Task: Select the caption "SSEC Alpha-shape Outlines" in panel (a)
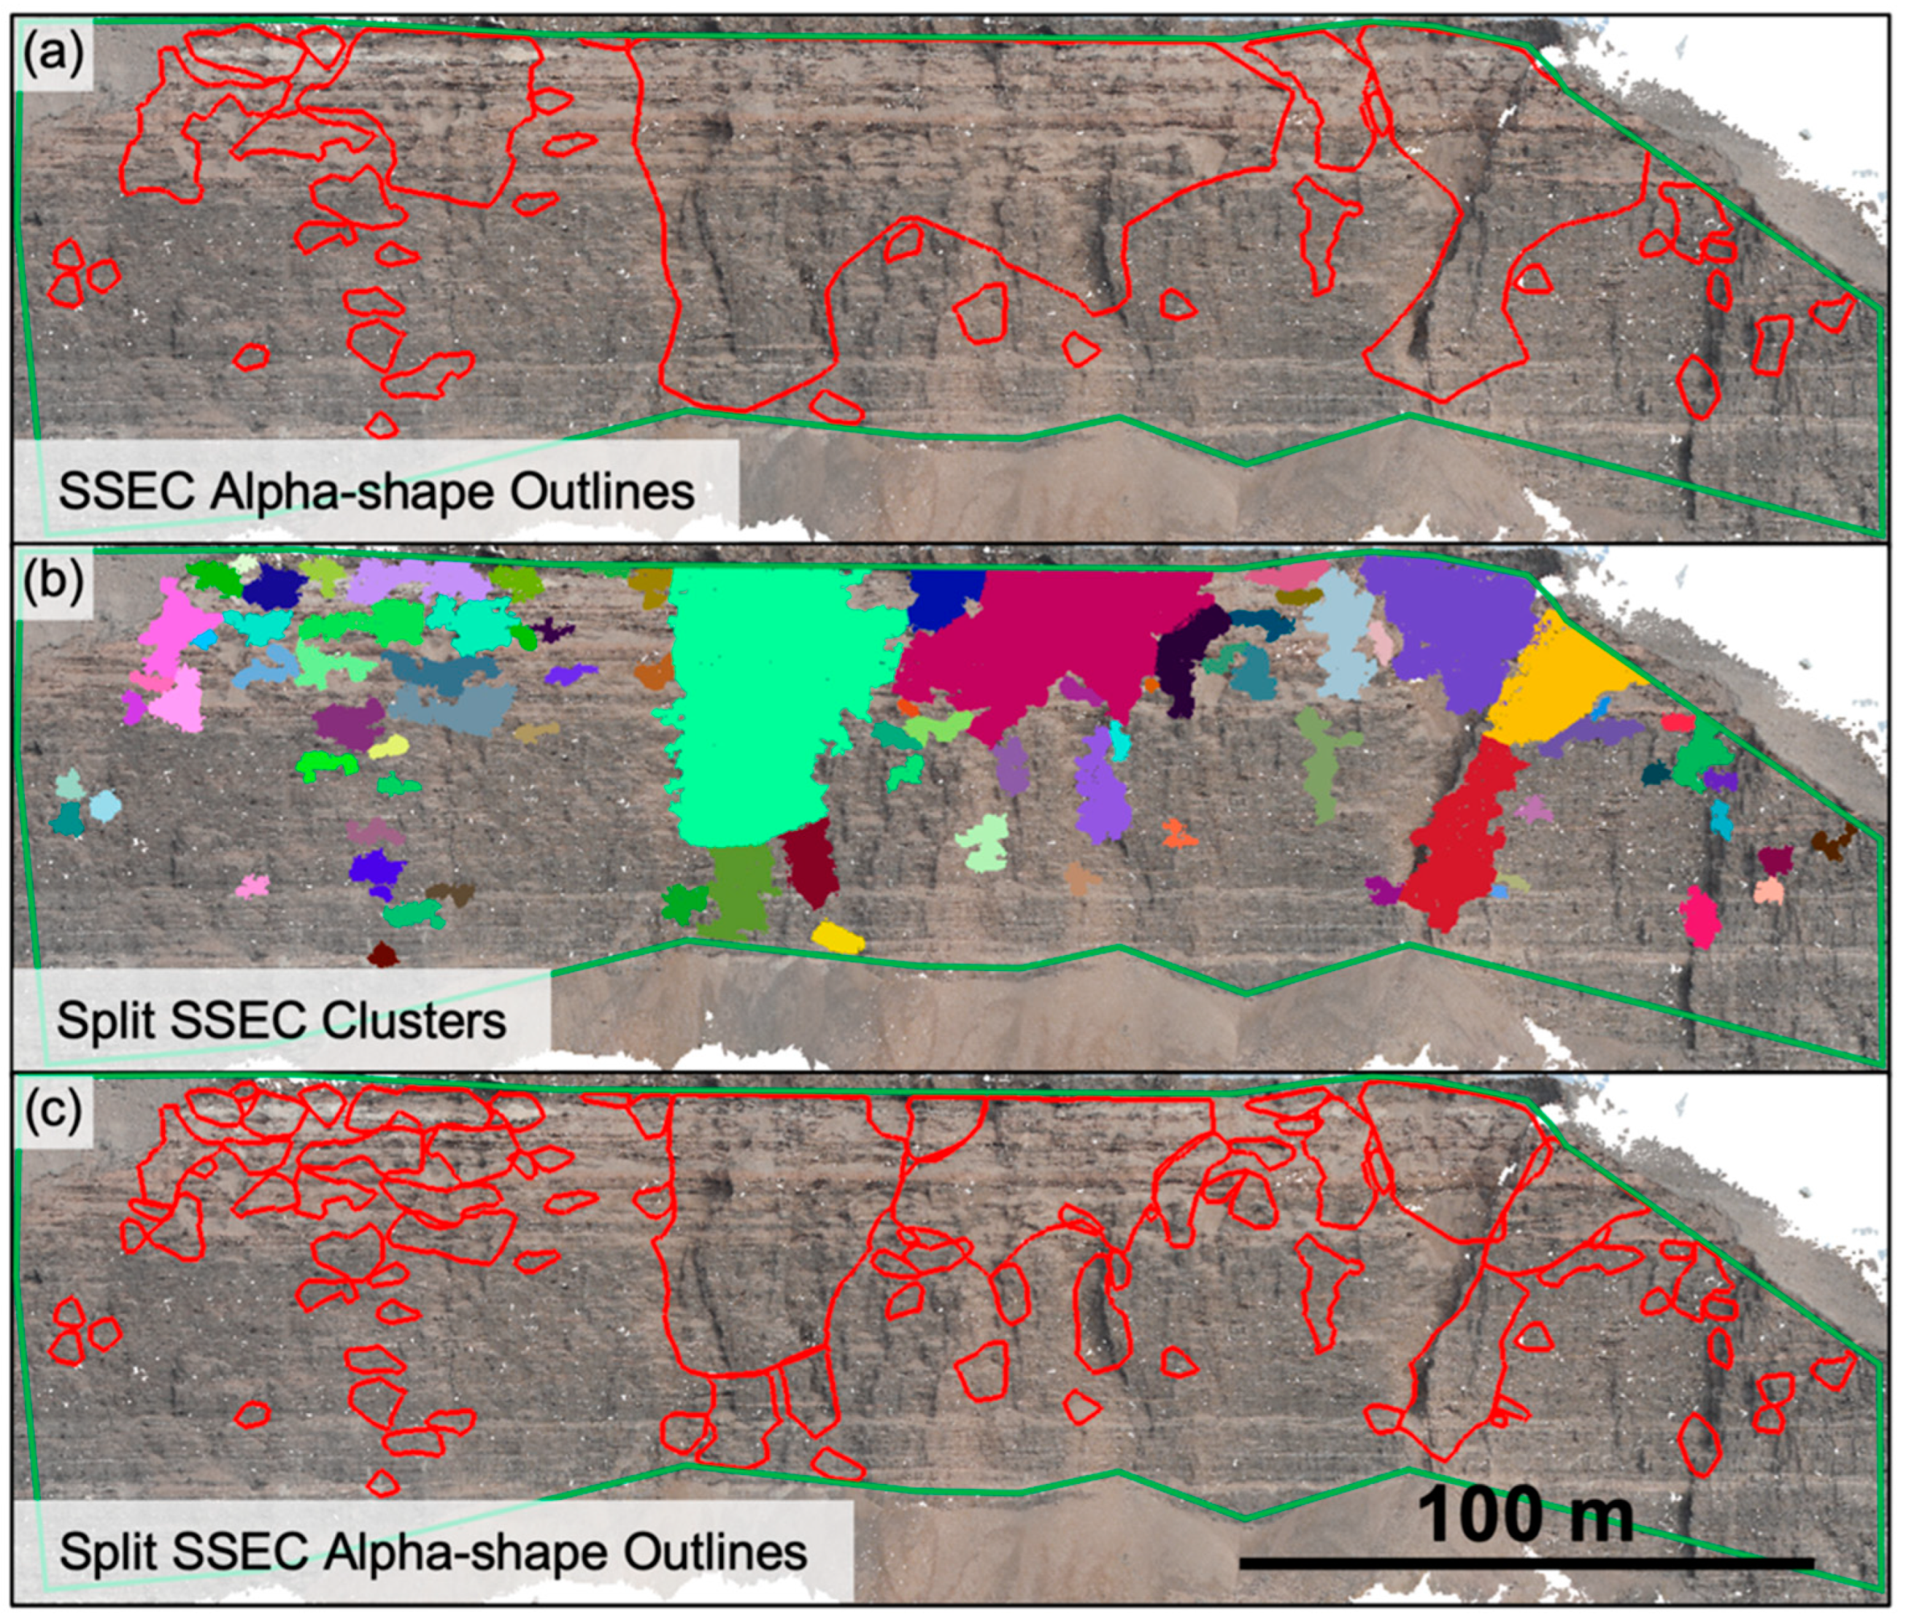click(x=375, y=492)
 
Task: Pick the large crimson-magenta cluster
click(x=1039, y=643)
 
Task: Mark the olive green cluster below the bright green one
click(x=736, y=887)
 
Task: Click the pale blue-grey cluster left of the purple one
click(x=1338, y=635)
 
